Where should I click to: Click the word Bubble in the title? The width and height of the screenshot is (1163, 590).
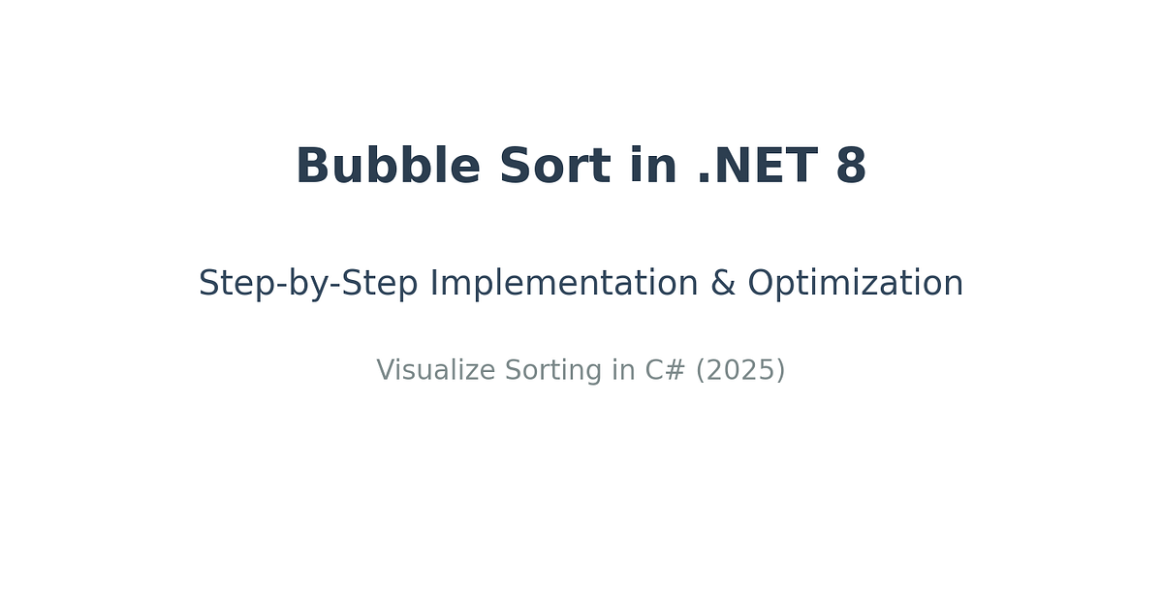[x=388, y=167]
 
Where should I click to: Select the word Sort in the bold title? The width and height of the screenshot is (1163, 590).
[x=554, y=167]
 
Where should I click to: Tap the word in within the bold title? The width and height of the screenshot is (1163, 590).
[x=652, y=167]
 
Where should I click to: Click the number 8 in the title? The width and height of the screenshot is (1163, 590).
[x=851, y=167]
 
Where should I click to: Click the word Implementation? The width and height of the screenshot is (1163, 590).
[x=564, y=284]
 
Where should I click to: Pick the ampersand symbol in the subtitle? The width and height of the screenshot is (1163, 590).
[x=723, y=284]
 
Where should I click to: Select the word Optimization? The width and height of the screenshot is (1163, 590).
[x=855, y=284]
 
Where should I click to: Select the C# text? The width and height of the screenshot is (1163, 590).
[x=665, y=371]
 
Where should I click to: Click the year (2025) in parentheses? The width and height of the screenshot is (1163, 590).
[x=740, y=371]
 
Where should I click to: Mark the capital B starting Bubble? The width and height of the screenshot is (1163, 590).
[x=312, y=167]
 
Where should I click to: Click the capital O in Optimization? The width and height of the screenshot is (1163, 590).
[x=760, y=284]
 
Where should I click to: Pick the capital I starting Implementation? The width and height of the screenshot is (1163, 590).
[x=433, y=284]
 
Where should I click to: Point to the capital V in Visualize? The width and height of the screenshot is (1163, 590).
[x=385, y=371]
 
